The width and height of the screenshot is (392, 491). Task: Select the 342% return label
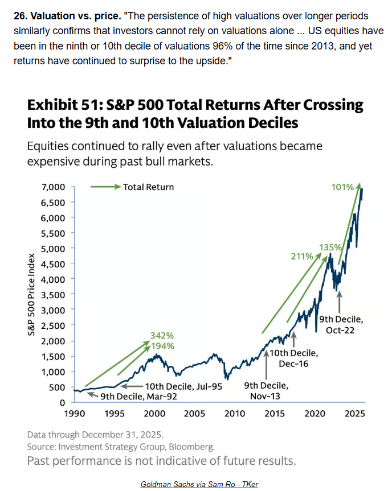pos(162,335)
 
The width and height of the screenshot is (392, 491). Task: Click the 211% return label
pos(303,257)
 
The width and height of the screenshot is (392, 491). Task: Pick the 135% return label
pos(330,247)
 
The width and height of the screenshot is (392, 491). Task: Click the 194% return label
pos(162,345)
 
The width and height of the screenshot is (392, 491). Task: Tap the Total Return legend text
pos(148,187)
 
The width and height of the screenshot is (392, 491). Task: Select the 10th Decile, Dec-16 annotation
pos(297,358)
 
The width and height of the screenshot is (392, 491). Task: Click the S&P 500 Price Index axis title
pos(33,294)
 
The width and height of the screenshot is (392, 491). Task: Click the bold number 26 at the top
pos(19,15)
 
